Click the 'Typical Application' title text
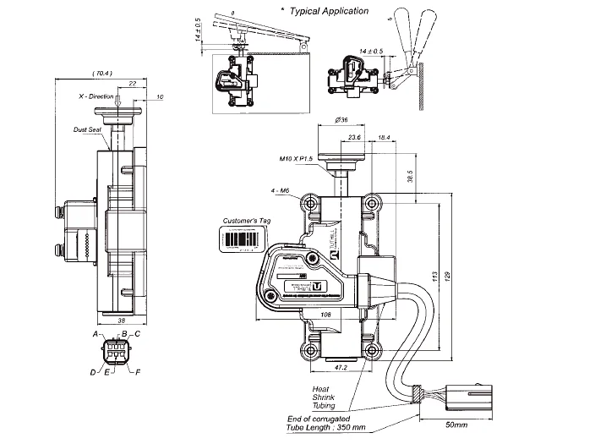(329, 11)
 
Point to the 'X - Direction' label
(91, 97)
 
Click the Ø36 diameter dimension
(343, 121)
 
